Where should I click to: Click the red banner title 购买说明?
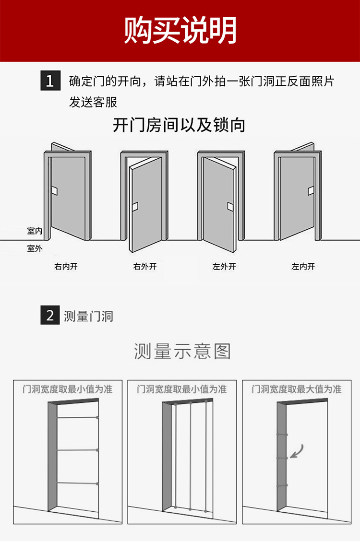pos(180,30)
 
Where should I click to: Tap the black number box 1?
pos(50,81)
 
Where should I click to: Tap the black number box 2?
pos(50,316)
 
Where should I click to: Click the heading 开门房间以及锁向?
pos(179,125)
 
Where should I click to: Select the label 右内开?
pos(66,266)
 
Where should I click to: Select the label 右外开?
pos(145,266)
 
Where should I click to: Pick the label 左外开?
pos(224,266)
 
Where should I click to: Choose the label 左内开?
pos(303,266)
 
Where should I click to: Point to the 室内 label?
pos(35,231)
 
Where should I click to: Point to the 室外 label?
pos(35,248)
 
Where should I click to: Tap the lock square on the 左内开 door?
pos(311,190)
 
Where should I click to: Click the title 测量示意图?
pos(182,352)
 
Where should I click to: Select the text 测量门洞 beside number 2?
pos(88,317)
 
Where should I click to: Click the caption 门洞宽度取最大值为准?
pos(297,389)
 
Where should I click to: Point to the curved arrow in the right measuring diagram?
pos(297,451)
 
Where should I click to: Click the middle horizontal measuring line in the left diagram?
pos(77,450)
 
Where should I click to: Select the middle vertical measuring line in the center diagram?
pos(191,456)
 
